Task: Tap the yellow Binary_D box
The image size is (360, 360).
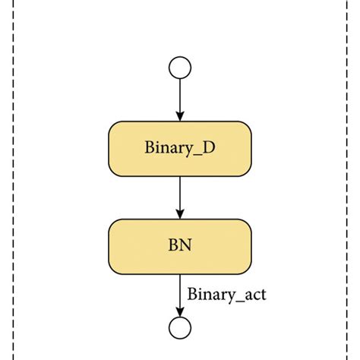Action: coord(180,149)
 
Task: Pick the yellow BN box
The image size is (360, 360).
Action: coord(180,247)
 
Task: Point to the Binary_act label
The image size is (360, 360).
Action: coord(226,295)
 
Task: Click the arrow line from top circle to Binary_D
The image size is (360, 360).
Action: coord(180,100)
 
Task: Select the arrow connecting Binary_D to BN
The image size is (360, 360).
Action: coord(180,197)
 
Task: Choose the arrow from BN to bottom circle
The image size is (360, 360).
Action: coord(180,295)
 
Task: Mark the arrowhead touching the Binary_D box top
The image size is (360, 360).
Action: coord(180,116)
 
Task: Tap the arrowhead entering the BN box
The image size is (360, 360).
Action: coord(180,214)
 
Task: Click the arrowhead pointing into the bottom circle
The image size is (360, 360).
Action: coord(180,311)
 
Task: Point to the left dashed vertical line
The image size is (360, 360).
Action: coord(13,180)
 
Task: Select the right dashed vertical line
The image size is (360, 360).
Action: coord(347,180)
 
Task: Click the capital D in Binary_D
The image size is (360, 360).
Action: coord(209,147)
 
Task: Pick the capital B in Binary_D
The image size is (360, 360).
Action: coord(149,147)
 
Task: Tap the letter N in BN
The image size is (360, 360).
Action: coord(185,245)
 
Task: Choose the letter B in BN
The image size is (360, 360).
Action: coord(173,245)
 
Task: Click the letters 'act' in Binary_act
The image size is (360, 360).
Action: coord(255,295)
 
